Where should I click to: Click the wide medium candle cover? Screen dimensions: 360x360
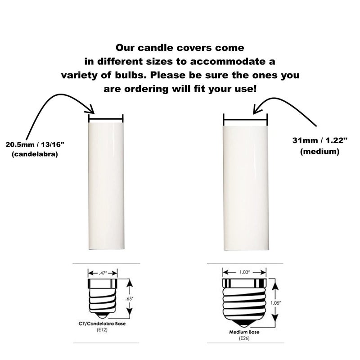pyautogui.click(x=246, y=188)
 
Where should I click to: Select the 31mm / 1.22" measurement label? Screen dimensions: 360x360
pyautogui.click(x=319, y=140)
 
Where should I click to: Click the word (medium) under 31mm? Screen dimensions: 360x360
pyautogui.click(x=319, y=152)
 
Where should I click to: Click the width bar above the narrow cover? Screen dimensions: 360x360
pyautogui.click(x=106, y=119)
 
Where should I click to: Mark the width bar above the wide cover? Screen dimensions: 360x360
pyautogui.click(x=246, y=119)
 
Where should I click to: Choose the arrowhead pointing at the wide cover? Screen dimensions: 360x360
pyautogui.click(x=256, y=109)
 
